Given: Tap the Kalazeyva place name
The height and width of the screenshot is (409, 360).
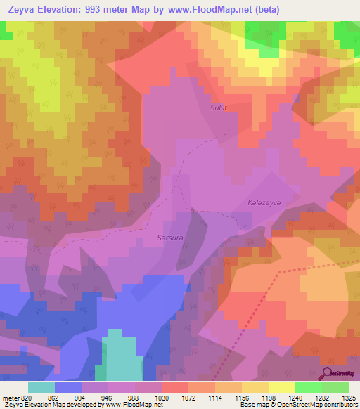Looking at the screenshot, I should coord(264,202).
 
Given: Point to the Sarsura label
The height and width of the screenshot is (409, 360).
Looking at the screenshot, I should coord(170,238).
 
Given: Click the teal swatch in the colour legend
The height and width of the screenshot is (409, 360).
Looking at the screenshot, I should coord(41,387).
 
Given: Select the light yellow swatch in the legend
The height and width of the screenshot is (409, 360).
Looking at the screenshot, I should coord(281,387).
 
